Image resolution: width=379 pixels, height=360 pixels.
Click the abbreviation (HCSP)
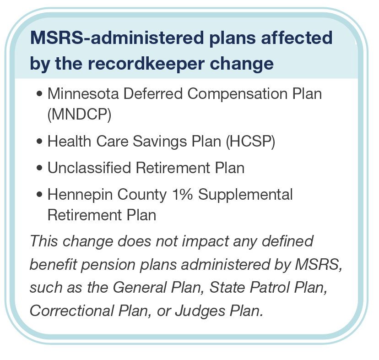tap(250, 142)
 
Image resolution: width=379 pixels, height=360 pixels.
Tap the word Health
tap(68, 142)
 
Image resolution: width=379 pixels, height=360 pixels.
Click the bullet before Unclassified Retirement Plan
tap(40, 169)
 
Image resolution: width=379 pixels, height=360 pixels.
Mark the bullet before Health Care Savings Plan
tap(40, 142)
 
